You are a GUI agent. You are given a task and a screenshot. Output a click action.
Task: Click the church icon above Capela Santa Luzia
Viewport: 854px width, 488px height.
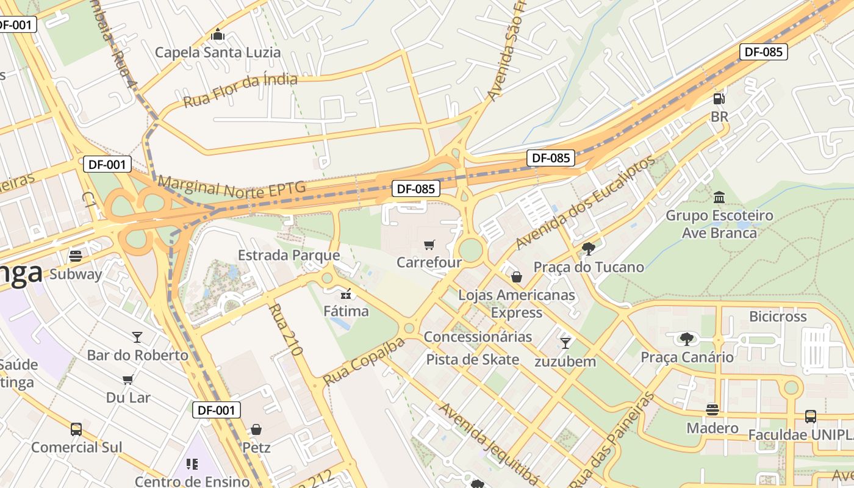(218, 35)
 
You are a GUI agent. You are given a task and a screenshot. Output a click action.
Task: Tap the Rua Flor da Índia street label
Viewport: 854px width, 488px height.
(240, 90)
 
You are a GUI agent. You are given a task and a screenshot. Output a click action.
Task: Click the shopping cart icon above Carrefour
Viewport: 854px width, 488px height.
(429, 245)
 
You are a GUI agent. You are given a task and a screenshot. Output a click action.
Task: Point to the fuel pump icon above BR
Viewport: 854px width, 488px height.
(719, 99)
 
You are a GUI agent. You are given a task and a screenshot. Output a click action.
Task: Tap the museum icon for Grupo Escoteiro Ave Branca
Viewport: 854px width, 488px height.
(719, 198)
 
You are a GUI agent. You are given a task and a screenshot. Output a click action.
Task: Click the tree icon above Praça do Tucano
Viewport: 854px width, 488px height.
(589, 249)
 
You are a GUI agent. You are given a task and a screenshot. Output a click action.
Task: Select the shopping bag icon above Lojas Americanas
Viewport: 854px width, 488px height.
(517, 278)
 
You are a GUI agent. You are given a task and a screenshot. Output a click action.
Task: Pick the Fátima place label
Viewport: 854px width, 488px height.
(346, 311)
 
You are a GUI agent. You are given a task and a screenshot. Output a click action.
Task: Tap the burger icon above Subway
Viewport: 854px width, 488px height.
(76, 256)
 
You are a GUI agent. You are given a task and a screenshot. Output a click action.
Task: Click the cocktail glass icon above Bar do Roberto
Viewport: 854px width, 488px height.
(137, 337)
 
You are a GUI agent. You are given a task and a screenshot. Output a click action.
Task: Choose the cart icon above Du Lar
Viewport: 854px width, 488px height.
(128, 380)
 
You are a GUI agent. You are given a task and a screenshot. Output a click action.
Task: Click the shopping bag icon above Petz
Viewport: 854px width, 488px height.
(256, 429)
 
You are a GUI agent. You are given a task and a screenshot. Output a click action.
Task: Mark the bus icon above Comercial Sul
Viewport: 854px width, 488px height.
(76, 429)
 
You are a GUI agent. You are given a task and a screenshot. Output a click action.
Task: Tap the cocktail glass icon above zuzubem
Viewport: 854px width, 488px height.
(565, 343)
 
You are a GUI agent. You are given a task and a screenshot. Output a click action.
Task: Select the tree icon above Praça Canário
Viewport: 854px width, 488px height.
(687, 339)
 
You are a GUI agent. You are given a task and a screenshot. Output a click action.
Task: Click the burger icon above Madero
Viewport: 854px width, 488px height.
(712, 410)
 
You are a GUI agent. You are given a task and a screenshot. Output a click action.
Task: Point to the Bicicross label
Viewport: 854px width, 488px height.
(778, 317)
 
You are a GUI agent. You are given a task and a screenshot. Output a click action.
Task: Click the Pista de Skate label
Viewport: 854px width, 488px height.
(473, 359)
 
